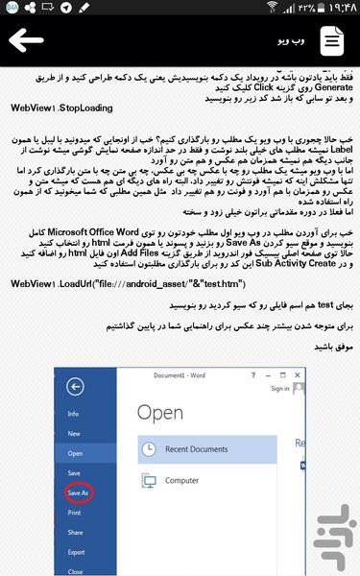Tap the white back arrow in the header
point(26,40)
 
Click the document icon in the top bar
point(330,40)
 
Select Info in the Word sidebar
point(73,413)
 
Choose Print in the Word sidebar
point(74,513)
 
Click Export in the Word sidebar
point(76,552)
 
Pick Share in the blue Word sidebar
point(75,532)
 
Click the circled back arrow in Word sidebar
point(75,386)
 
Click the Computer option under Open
point(182,480)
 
